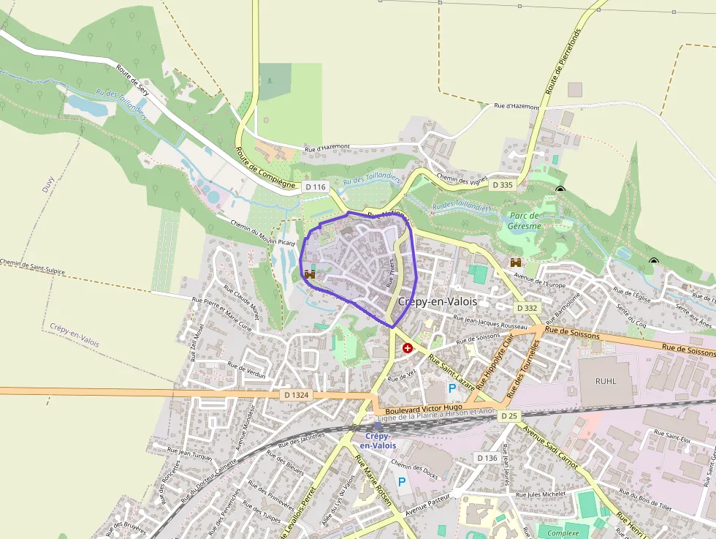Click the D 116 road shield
pos(315,187)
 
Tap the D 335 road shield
pos(503,185)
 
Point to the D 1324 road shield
pos(296,395)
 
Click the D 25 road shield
pos(509,415)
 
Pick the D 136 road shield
pos(487,458)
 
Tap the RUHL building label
pos(606,381)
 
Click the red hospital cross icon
pos(407,348)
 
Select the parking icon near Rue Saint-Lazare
pos(452,388)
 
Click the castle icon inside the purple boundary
pos(309,274)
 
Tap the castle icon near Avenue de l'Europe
pos(516,262)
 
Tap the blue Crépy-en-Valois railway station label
pos(378,441)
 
